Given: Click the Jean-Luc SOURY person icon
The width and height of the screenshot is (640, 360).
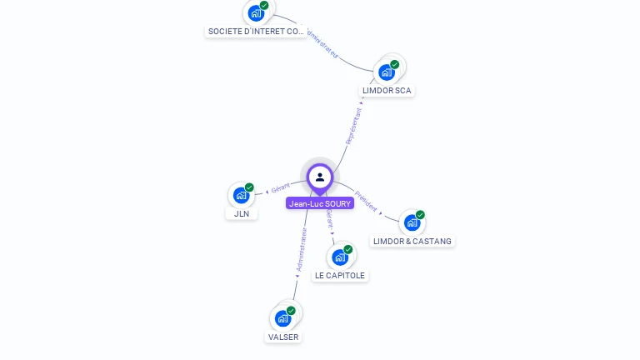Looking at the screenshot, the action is pyautogui.click(x=320, y=177).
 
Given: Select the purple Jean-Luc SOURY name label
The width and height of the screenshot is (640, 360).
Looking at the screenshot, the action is pyautogui.click(x=320, y=202).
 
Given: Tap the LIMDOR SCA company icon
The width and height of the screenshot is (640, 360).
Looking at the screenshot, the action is pyautogui.click(x=387, y=72).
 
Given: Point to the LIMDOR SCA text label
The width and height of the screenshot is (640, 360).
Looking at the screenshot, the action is pyautogui.click(x=387, y=90).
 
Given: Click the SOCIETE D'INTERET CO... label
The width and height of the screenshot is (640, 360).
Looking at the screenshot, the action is pyautogui.click(x=256, y=32).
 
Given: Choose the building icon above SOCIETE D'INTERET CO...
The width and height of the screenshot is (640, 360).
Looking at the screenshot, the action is pyautogui.click(x=256, y=12).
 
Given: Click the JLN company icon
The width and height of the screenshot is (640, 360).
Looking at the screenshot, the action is pyautogui.click(x=241, y=195).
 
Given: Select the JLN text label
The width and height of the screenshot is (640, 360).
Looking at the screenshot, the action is pyautogui.click(x=241, y=213).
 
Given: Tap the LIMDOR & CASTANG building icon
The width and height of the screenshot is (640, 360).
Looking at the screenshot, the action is pyautogui.click(x=412, y=222).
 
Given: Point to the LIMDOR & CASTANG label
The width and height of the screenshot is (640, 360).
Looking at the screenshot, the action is pyautogui.click(x=412, y=242).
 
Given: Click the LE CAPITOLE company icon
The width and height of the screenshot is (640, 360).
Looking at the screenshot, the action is pyautogui.click(x=339, y=257).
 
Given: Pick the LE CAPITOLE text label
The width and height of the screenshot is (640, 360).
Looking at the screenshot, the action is pyautogui.click(x=339, y=275).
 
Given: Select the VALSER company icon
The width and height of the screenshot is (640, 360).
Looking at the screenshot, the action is pyautogui.click(x=283, y=317).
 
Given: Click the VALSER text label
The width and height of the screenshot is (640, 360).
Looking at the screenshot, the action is pyautogui.click(x=283, y=337).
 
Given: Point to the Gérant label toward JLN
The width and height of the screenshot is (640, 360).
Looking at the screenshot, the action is pyautogui.click(x=280, y=189).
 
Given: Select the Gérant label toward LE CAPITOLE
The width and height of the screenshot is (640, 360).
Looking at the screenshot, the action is pyautogui.click(x=330, y=219).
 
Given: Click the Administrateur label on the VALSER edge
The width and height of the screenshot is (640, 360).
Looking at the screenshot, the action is pyautogui.click(x=302, y=249).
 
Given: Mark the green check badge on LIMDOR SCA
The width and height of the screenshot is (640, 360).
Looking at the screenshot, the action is pyautogui.click(x=395, y=64).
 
